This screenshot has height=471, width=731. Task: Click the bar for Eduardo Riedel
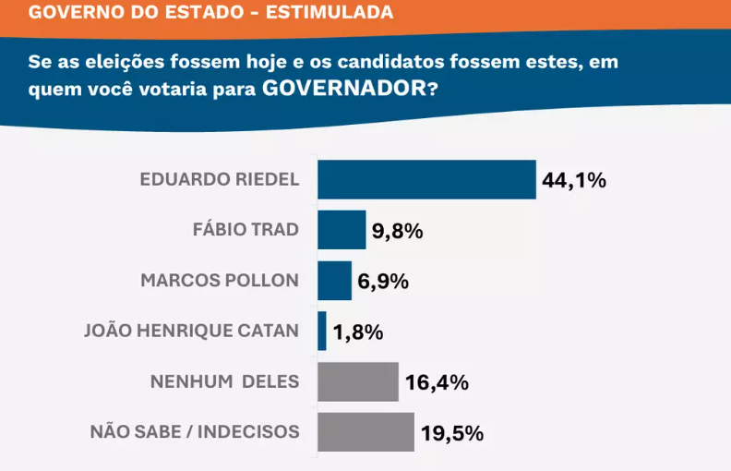tap(426, 179)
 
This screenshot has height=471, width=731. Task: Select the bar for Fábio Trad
tap(342, 230)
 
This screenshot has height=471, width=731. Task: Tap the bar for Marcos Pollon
tap(334, 281)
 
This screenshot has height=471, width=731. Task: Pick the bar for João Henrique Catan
tap(322, 331)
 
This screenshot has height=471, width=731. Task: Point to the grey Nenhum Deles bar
tap(358, 381)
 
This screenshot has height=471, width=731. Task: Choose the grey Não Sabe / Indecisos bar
tap(365, 432)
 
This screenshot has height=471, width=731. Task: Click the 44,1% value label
tap(573, 180)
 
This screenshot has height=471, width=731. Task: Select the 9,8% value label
tap(397, 231)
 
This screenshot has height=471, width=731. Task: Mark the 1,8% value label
tap(357, 332)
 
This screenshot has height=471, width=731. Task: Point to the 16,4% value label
tap(437, 382)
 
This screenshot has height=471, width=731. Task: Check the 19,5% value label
tap(452, 433)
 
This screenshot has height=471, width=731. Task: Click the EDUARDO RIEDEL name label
tap(220, 180)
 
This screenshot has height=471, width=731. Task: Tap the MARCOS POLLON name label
tap(220, 281)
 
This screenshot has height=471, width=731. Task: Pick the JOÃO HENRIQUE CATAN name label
tap(191, 331)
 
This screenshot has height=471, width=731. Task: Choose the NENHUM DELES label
tap(224, 381)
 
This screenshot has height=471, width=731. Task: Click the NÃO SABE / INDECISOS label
tap(195, 431)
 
